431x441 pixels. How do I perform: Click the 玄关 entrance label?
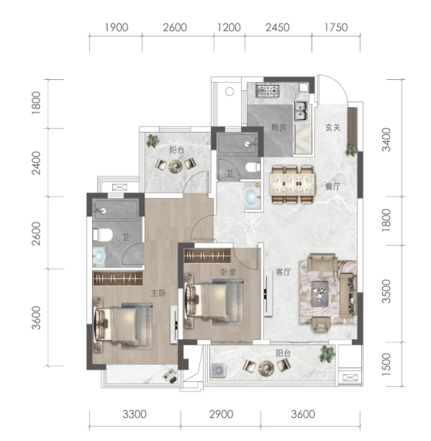click(333, 128)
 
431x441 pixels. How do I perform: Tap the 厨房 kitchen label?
click(278, 128)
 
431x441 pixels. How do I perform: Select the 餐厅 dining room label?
click(332, 186)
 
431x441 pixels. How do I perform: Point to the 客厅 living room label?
click(283, 272)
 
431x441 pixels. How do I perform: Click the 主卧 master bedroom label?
click(158, 293)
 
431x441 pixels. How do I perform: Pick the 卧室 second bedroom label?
click(228, 272)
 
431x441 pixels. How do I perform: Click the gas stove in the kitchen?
click(268, 91)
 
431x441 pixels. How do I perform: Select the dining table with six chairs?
click(291, 184)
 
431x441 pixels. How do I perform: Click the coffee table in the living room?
click(319, 293)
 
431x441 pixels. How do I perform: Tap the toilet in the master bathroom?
click(103, 235)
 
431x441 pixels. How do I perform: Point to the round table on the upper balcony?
click(176, 166)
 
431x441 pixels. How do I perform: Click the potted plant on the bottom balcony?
click(327, 354)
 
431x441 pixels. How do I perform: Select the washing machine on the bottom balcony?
click(219, 370)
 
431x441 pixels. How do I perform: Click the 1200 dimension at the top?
click(229, 27)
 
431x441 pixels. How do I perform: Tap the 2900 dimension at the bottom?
click(221, 414)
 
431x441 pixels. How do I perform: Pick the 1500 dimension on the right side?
click(386, 365)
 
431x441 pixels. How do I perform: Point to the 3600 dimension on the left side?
click(36, 318)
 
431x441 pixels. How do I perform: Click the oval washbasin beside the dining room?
click(252, 196)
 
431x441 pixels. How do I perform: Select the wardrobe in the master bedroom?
click(118, 278)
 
